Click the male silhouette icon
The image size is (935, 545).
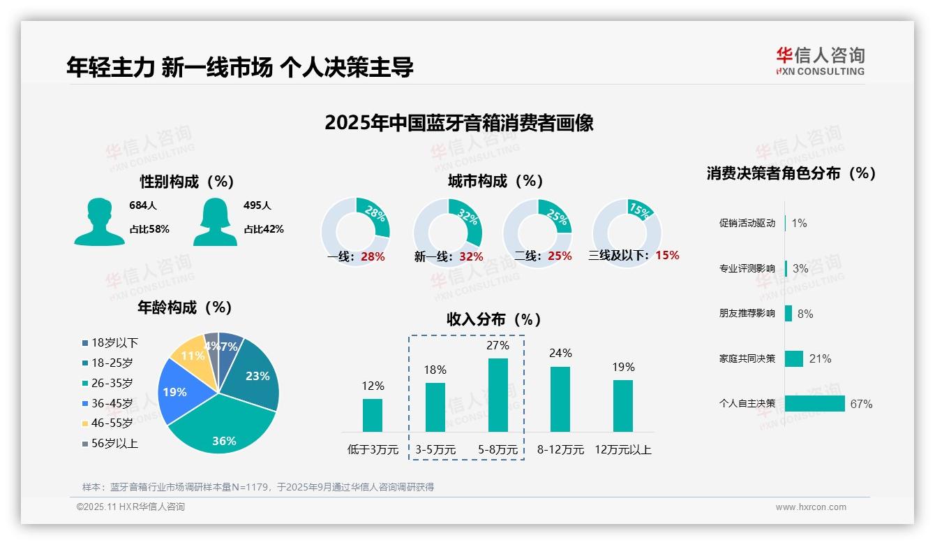[99, 222]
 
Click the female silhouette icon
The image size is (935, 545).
[215, 222]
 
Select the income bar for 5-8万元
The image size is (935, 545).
[498, 395]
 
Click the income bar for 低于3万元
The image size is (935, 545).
[373, 415]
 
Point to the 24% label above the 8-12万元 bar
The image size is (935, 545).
[560, 353]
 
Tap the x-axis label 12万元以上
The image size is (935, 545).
[622, 449]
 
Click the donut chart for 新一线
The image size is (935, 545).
[447, 232]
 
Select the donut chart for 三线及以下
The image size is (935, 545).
[626, 231]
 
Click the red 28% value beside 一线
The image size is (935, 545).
[373, 256]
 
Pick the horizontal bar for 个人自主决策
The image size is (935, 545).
[814, 403]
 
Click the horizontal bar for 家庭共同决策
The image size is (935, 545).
[794, 358]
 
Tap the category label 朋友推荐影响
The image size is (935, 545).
[747, 314]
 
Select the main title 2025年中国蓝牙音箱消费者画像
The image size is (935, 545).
[458, 123]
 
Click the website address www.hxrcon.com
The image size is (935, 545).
[810, 507]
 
